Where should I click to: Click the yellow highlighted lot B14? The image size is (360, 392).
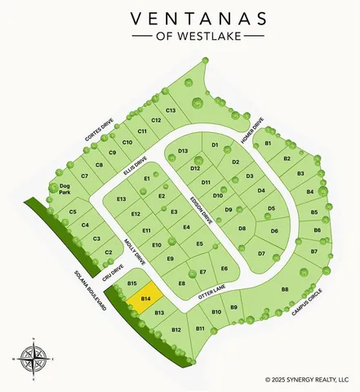pos(144,300)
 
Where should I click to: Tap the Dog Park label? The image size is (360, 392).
pos(65,190)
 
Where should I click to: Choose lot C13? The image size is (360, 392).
pos(171,109)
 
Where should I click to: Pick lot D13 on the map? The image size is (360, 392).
pos(183,151)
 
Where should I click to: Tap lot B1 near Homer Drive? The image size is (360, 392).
pos(268,144)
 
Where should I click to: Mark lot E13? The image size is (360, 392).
pos(122,199)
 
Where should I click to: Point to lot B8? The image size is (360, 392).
pos(285,290)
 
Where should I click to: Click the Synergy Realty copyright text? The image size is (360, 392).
pos(312,379)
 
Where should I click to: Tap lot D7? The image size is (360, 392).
pos(261,254)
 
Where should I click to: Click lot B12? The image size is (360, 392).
pos(176,329)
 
